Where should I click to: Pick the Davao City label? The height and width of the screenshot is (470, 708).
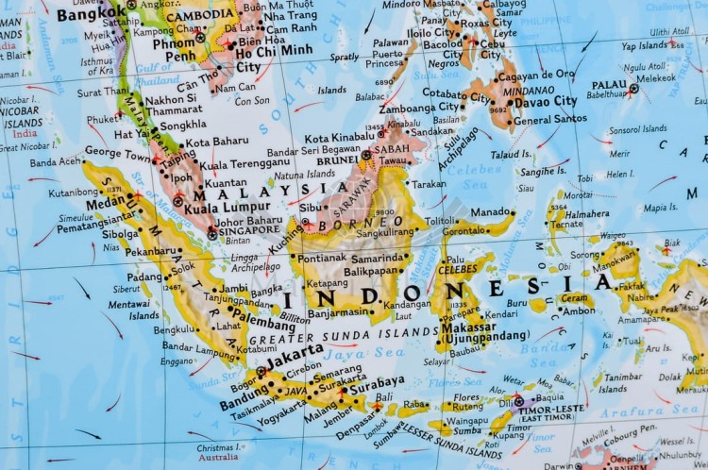pos(546,101)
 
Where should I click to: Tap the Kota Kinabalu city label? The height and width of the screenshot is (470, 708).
pos(339,138)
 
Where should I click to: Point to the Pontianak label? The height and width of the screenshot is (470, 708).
pos(321,258)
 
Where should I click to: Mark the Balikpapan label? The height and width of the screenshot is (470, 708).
pos(371,271)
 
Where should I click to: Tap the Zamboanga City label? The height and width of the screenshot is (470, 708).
pos(420,108)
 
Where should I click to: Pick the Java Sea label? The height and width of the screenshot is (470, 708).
pos(349,351)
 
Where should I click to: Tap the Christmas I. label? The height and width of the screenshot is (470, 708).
pos(218,447)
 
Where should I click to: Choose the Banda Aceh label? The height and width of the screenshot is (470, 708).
pos(56,161)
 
